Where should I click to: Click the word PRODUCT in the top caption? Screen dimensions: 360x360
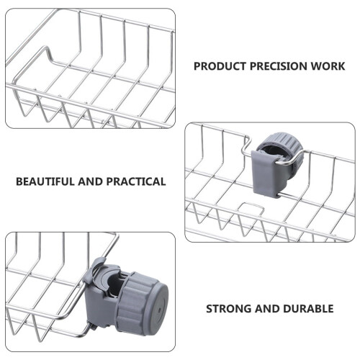pyautogui.click(x=220, y=66)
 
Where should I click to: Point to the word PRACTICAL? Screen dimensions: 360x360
pyautogui.click(x=136, y=181)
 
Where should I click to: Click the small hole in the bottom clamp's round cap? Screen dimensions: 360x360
pyautogui.click(x=160, y=310)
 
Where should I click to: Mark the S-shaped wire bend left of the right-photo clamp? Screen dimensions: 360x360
pyautogui.click(x=247, y=145)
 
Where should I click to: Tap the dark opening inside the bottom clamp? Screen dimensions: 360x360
pyautogui.click(x=115, y=286)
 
